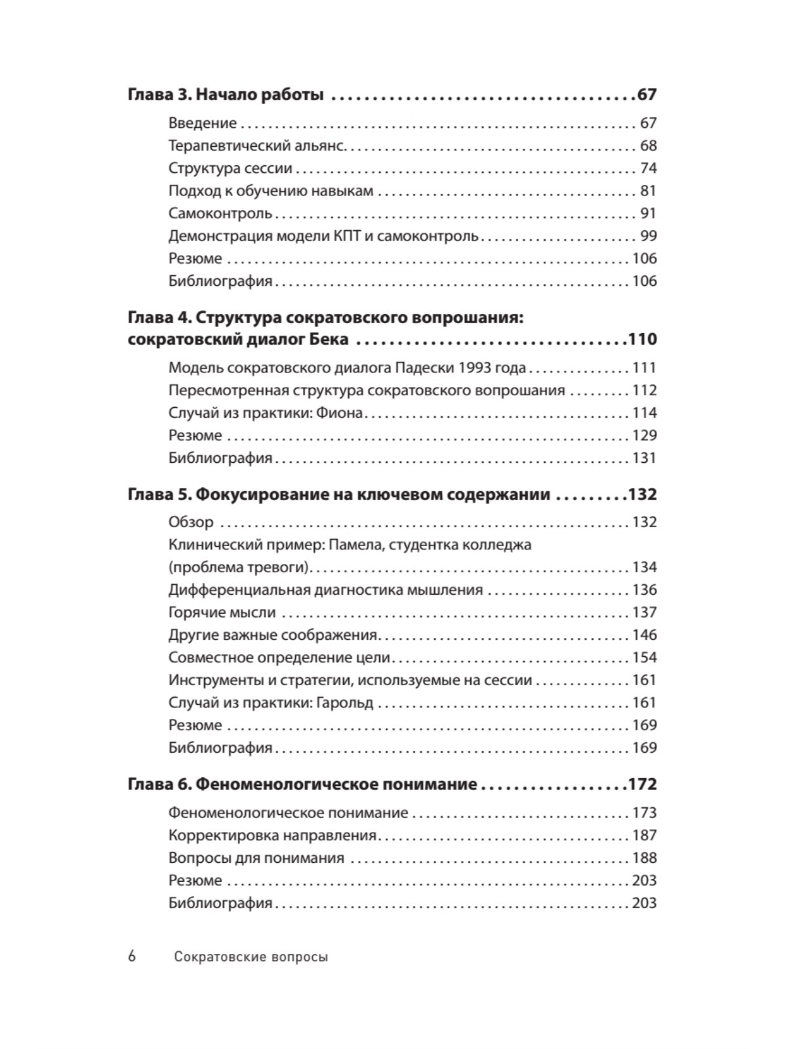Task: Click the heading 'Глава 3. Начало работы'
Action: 226,95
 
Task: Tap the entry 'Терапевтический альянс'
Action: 256,146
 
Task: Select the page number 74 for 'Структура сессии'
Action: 648,168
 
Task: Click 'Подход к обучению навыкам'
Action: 270,191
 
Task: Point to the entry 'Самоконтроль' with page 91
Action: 220,214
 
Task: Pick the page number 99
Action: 648,236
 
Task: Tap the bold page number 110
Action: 641,340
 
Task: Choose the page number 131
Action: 644,458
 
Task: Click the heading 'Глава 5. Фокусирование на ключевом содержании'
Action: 338,494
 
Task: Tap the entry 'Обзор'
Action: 191,523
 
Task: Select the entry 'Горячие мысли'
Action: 222,612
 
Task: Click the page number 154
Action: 644,658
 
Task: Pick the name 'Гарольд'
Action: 344,703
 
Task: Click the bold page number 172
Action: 641,784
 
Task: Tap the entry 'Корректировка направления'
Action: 272,835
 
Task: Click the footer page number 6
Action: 132,957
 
